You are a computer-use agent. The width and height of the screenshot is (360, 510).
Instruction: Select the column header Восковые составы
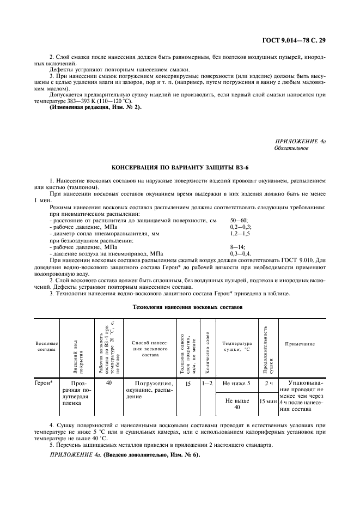tap(46, 347)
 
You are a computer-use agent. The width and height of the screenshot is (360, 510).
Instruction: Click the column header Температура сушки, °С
tap(237, 347)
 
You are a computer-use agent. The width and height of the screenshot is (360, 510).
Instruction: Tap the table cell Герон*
tap(44, 383)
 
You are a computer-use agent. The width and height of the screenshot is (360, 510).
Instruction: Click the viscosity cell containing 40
tap(109, 383)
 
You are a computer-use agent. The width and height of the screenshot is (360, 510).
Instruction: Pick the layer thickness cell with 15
tap(187, 383)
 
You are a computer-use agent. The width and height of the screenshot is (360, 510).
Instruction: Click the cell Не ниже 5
tap(237, 383)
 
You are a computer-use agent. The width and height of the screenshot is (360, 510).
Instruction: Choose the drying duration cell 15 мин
tap(268, 402)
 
